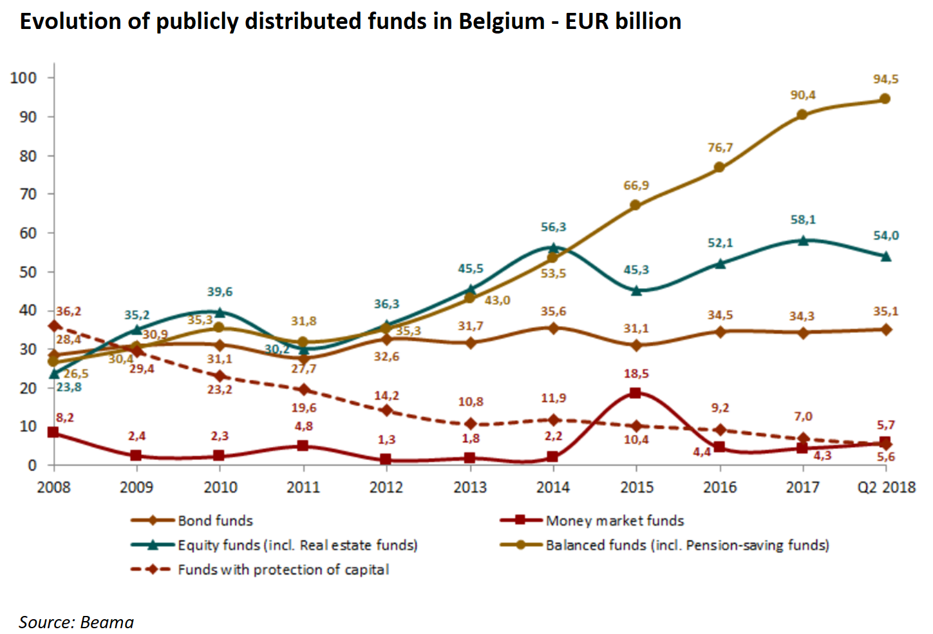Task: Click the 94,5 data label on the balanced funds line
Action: pyautogui.click(x=885, y=79)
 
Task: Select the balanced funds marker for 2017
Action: pyautogui.click(x=802, y=115)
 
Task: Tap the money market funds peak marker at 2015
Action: pyautogui.click(x=636, y=393)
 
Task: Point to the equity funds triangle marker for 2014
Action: pyautogui.click(x=553, y=247)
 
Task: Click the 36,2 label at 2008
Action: pyautogui.click(x=68, y=311)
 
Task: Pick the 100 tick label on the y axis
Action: pyautogui.click(x=24, y=78)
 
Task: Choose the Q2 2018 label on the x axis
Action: pyautogui.click(x=886, y=487)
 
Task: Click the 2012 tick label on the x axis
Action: pyautogui.click(x=386, y=487)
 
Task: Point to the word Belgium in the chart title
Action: pyautogui.click(x=502, y=21)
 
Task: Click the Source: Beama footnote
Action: pyautogui.click(x=77, y=622)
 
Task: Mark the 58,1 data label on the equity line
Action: pyautogui.click(x=803, y=220)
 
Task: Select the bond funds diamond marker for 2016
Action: pyautogui.click(x=720, y=332)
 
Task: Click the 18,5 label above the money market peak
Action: pyautogui.click(x=636, y=374)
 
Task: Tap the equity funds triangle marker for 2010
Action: pyautogui.click(x=220, y=312)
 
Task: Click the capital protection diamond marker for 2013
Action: pyautogui.click(x=470, y=424)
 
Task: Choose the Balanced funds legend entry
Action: pyautogui.click(x=687, y=545)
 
